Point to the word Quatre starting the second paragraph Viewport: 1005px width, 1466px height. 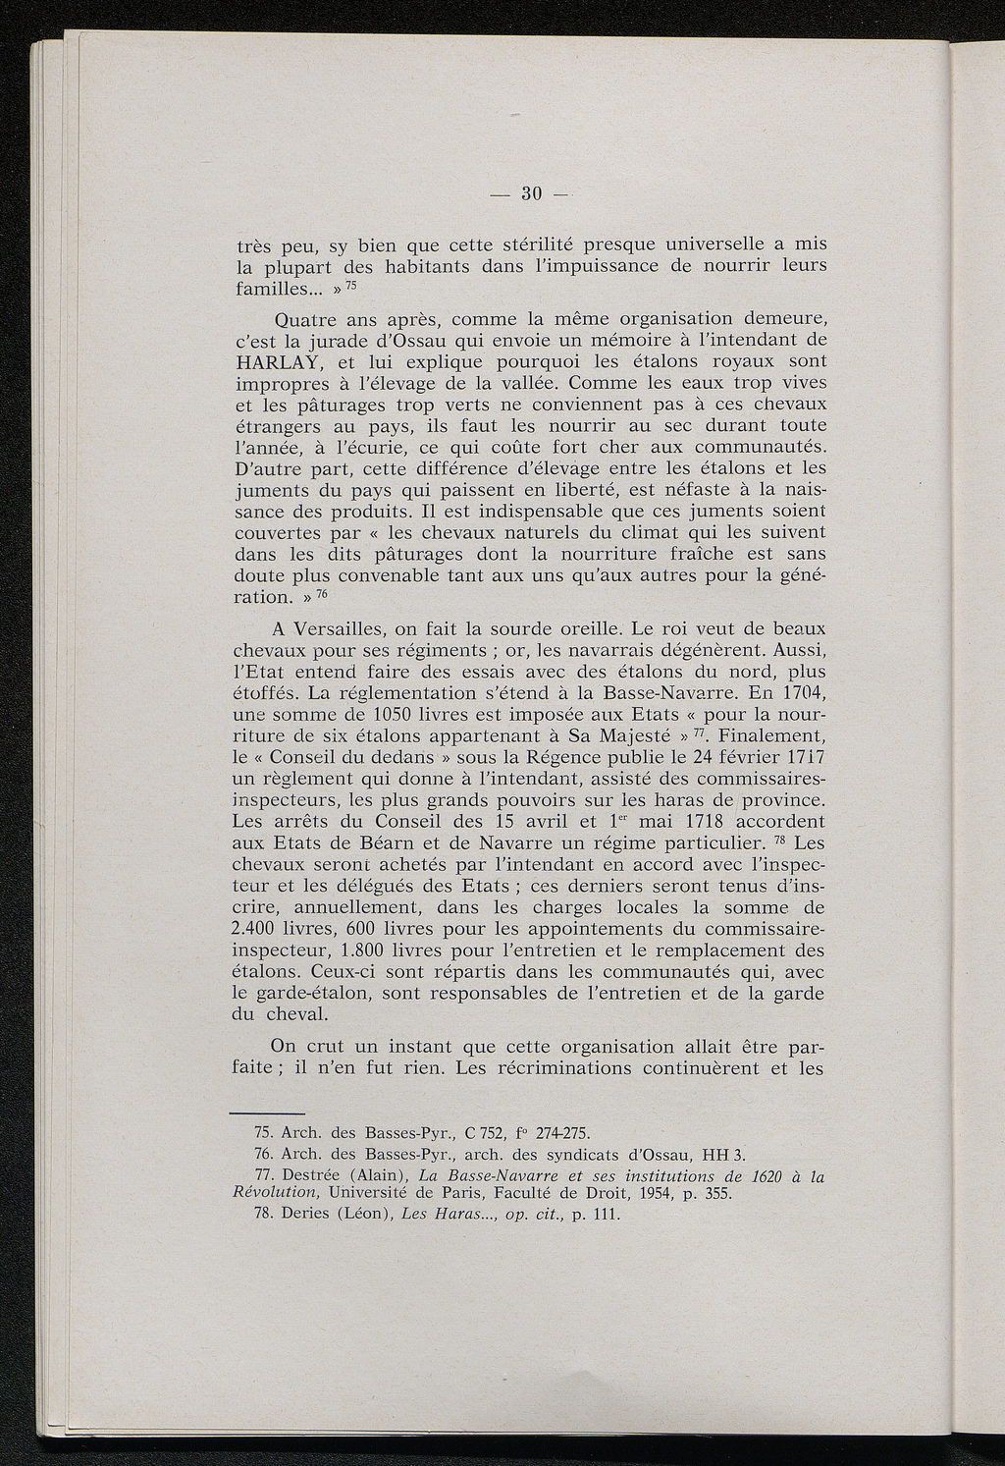click(306, 319)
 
